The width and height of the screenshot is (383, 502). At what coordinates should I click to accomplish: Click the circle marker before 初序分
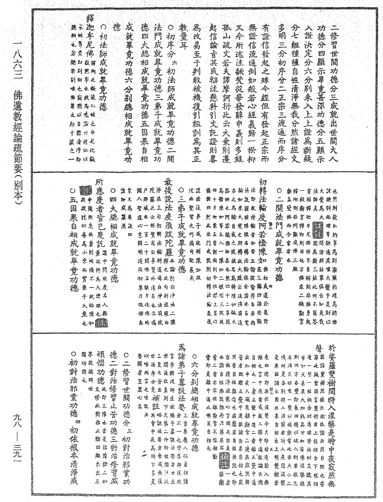pyautogui.click(x=171, y=27)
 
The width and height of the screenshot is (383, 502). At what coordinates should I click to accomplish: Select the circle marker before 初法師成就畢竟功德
pyautogui.click(x=103, y=27)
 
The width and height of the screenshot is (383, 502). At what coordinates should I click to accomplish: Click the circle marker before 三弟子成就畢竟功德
pyautogui.click(x=181, y=190)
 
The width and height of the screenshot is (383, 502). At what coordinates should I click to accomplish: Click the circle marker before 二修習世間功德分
pyautogui.click(x=126, y=354)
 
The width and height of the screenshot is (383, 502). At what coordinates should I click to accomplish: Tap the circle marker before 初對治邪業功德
pyautogui.click(x=73, y=354)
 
